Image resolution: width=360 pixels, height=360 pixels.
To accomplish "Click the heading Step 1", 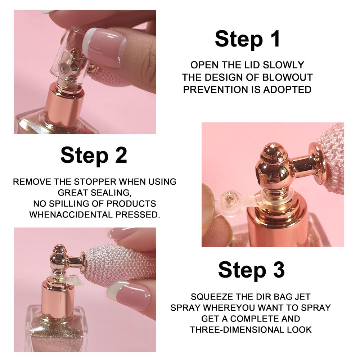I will coord(247,39).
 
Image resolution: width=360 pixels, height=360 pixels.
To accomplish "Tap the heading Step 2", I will coord(94,155).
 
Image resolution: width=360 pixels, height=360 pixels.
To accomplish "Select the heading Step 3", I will coord(251,270).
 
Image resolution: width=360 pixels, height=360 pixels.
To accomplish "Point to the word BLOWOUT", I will coord(290,77).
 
